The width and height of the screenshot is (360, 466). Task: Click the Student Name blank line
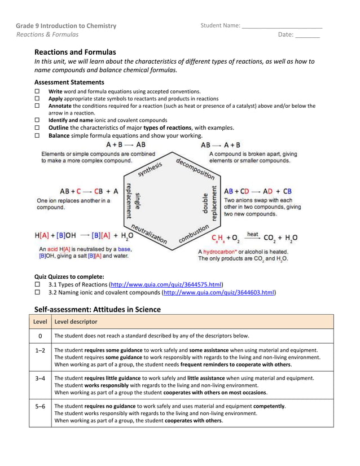pyautogui.click(x=282, y=27)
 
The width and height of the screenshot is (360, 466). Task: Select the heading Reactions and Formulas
pyautogui.click(x=75, y=52)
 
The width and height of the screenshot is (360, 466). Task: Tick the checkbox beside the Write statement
pyautogui.click(x=38, y=91)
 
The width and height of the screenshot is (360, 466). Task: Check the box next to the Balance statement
pyautogui.click(x=38, y=135)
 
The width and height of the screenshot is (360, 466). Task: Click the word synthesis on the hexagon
pyautogui.click(x=149, y=169)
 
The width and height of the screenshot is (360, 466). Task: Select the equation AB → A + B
pyautogui.click(x=221, y=145)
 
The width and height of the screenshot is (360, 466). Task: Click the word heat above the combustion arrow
pyautogui.click(x=252, y=234)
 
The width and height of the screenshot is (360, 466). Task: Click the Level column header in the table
pyautogui.click(x=40, y=322)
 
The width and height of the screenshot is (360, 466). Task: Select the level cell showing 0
pyautogui.click(x=40, y=336)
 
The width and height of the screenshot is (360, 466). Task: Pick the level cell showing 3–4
pyautogui.click(x=40, y=378)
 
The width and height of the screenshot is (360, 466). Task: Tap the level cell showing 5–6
pyautogui.click(x=40, y=406)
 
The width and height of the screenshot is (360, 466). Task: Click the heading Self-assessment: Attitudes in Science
pyautogui.click(x=97, y=309)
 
